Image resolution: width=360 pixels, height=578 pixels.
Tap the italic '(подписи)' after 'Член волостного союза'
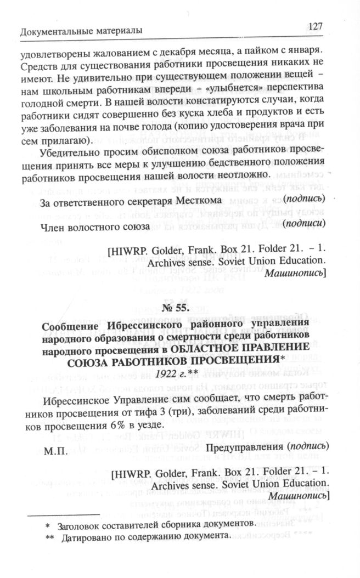[x=305, y=224]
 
